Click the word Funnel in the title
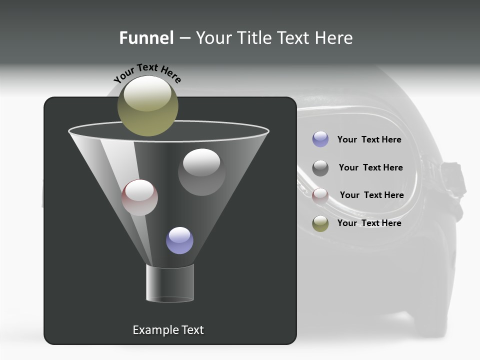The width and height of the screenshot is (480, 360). click(x=146, y=38)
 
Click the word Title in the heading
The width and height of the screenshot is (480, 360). click(x=253, y=38)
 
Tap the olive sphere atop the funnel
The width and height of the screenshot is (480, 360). click(x=148, y=106)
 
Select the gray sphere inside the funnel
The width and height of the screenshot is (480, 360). click(x=201, y=172)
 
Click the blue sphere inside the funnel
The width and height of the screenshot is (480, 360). click(x=179, y=240)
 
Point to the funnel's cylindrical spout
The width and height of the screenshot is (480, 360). click(x=170, y=283)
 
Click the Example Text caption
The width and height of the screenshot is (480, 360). click(x=168, y=330)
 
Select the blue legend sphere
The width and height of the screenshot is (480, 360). click(x=320, y=139)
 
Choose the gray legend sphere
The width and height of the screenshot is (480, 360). click(x=320, y=168)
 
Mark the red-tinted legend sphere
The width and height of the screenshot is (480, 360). click(x=320, y=196)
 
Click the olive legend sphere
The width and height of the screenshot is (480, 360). click(x=320, y=223)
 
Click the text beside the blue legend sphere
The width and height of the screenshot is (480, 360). click(x=369, y=139)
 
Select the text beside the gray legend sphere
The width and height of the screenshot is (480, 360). click(x=370, y=167)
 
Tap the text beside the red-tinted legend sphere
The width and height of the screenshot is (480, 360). click(x=371, y=195)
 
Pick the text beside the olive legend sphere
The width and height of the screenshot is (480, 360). click(x=369, y=223)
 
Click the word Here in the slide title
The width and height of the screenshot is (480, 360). click(x=332, y=38)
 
